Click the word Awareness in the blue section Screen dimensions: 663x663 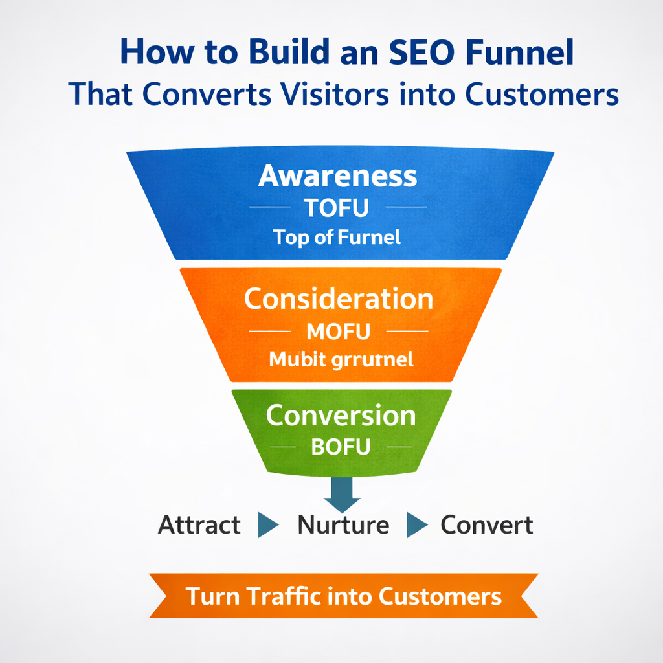(337, 176)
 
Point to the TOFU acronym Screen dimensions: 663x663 (337, 208)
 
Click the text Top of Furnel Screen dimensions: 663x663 (337, 237)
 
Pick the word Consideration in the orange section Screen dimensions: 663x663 (339, 299)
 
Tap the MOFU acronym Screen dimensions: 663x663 (338, 331)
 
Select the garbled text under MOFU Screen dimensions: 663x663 (341, 359)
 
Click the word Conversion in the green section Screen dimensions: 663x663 (341, 416)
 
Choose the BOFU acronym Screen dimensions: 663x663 (340, 447)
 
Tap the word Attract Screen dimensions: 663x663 (199, 524)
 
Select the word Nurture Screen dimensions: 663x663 (343, 524)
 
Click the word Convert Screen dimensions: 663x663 (487, 524)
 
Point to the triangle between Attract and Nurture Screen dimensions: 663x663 (267, 525)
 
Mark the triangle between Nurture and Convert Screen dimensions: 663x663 (416, 525)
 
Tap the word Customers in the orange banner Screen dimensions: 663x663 (440, 596)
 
